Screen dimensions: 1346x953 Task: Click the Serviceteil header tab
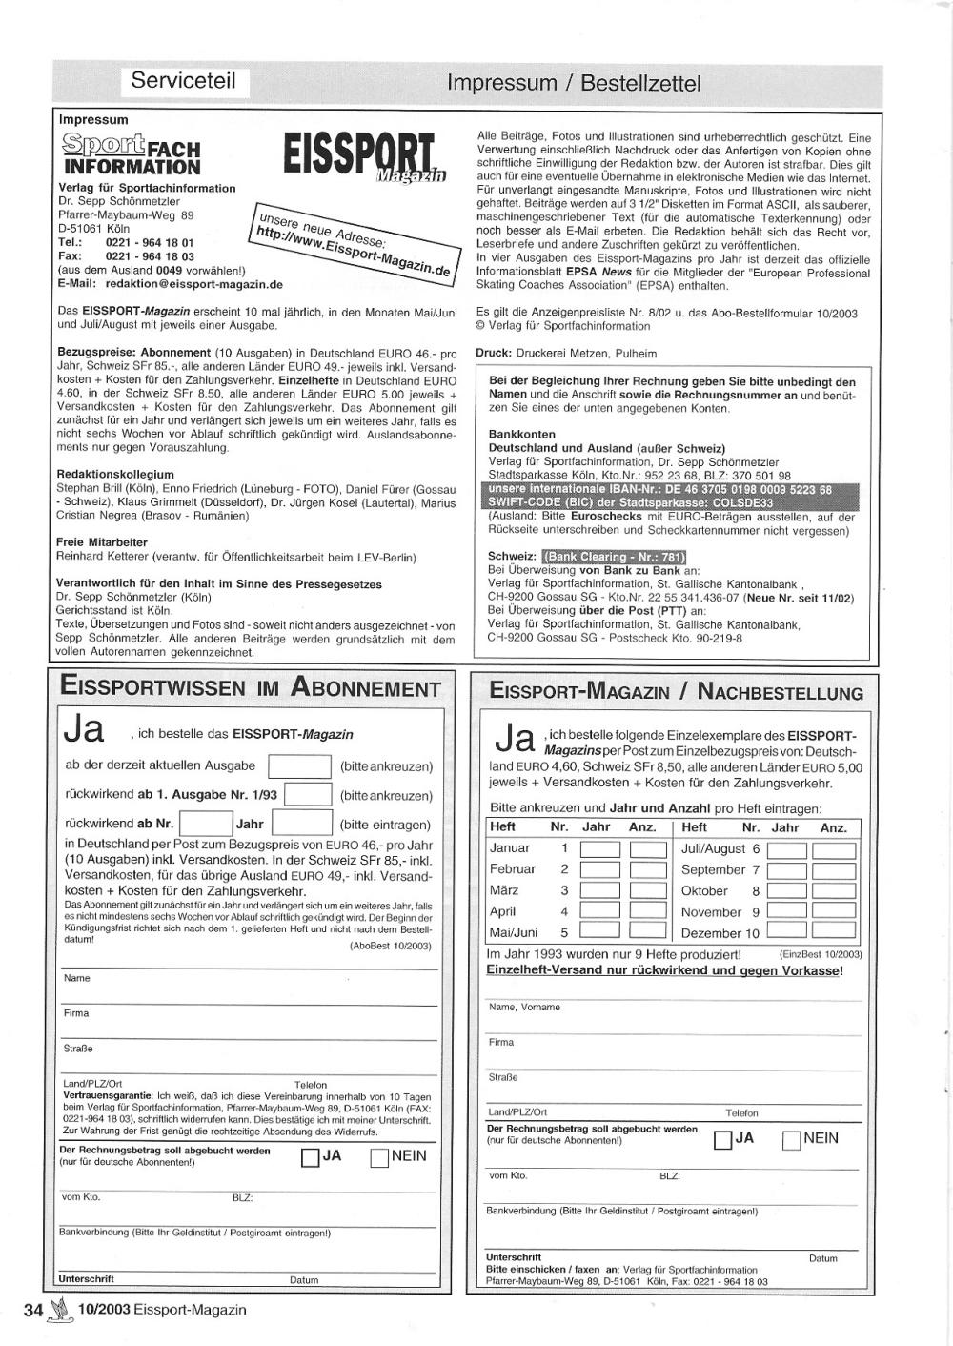click(183, 81)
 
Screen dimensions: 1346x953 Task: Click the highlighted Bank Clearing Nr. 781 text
click(614, 558)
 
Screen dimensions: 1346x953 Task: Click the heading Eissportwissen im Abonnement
click(251, 688)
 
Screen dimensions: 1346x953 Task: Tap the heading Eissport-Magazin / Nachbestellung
click(676, 693)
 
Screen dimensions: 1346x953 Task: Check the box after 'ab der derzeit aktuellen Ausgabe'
click(299, 766)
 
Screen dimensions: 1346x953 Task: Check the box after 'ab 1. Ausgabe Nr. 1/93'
click(308, 795)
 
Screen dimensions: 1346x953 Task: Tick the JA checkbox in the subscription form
click(310, 1158)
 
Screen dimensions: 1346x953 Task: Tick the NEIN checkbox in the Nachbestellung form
click(791, 1140)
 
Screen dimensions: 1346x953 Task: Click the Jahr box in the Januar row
click(599, 849)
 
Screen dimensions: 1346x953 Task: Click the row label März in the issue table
click(504, 890)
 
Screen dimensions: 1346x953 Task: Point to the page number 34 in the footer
click(33, 1311)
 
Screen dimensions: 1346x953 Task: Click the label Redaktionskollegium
click(115, 474)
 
